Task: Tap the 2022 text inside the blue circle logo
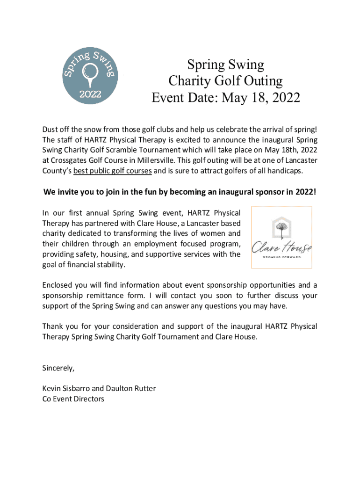click(x=89, y=93)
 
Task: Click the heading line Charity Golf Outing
click(x=226, y=81)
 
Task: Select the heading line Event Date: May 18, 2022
click(x=226, y=98)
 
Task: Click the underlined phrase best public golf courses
click(x=112, y=171)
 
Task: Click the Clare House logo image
click(x=281, y=237)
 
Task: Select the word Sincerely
click(x=58, y=368)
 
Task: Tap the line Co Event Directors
click(x=73, y=399)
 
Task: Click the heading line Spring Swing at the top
click(x=226, y=64)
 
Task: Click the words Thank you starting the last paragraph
click(x=60, y=326)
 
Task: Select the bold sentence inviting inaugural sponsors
click(x=180, y=192)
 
